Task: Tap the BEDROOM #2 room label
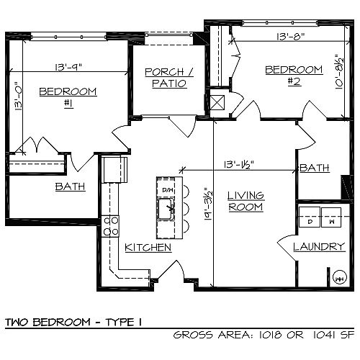pyautogui.click(x=293, y=75)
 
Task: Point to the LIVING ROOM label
pyautogui.click(x=246, y=201)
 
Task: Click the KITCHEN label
pyautogui.click(x=148, y=248)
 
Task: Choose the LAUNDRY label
pyautogui.click(x=320, y=247)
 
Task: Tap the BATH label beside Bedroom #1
pyautogui.click(x=70, y=186)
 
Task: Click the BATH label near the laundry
pyautogui.click(x=315, y=168)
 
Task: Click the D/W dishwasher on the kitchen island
pyautogui.click(x=168, y=190)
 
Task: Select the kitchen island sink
pyautogui.click(x=167, y=211)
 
